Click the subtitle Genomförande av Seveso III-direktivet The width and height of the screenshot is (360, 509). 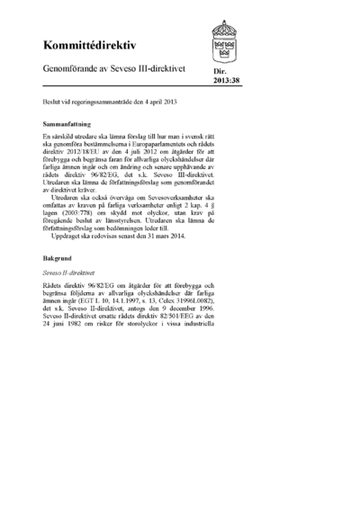(115, 69)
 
